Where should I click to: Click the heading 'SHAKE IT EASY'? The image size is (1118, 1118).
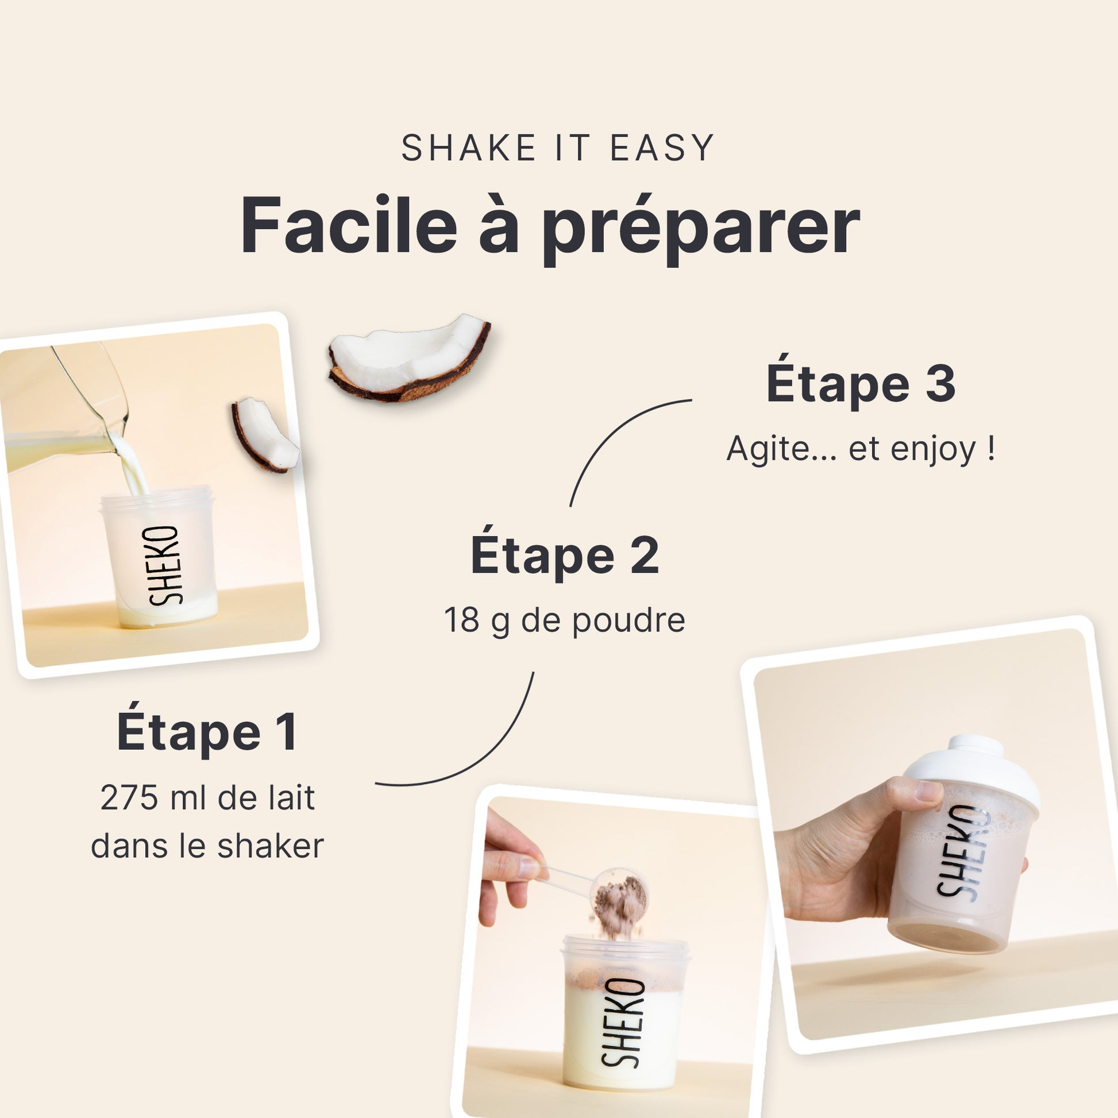(x=558, y=148)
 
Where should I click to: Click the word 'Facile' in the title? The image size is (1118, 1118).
(x=349, y=226)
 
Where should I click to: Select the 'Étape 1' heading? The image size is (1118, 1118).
(x=207, y=732)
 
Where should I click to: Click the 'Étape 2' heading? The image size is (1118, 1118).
(x=565, y=554)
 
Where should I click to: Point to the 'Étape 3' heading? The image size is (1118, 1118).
(x=861, y=383)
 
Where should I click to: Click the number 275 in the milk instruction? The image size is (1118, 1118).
(x=129, y=799)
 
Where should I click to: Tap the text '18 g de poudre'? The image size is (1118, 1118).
(x=565, y=620)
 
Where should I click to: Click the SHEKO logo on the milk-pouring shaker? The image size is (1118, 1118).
(x=164, y=565)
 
